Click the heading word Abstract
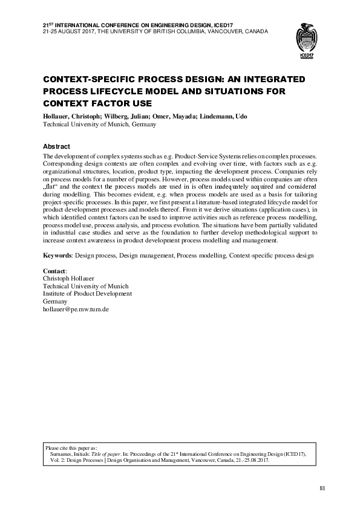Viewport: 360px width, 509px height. [57, 147]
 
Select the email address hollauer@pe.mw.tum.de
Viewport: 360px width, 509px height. [76, 308]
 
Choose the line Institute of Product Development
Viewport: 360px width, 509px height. [87, 294]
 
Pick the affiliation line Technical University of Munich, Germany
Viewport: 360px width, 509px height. [100, 125]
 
